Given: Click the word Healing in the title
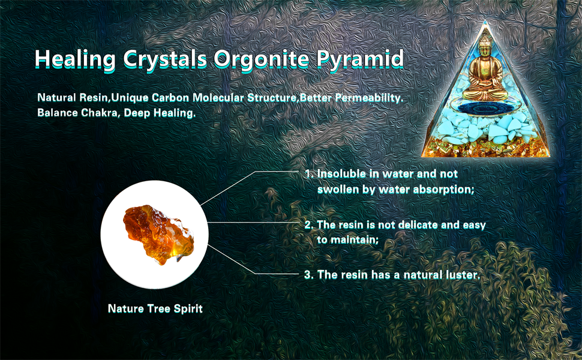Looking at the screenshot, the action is pos(76,59).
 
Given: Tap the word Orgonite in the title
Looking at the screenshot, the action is pos(260,59).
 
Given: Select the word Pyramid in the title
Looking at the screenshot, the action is pos(359,59).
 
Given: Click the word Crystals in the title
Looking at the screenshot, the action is pos(165,59).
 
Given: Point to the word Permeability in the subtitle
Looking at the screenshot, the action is pos(370,98).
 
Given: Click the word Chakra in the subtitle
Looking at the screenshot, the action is pos(100,113).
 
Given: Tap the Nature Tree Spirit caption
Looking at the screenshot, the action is pos(155,309).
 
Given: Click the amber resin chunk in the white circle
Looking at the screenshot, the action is pos(158,235).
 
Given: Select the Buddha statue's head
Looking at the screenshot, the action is pos(484,44).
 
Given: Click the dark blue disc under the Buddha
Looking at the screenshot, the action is pos(484,109).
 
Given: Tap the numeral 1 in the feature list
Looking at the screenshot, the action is pos(307,173).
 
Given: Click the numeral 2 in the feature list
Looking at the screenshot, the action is pos(308,225).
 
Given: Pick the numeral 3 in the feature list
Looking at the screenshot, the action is pos(308,275).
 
